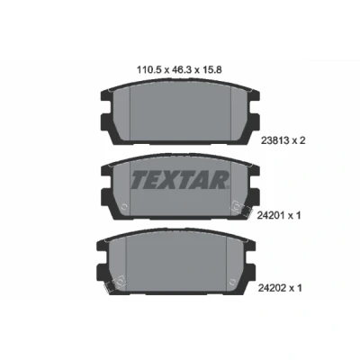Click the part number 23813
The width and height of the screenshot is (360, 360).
(x=271, y=140)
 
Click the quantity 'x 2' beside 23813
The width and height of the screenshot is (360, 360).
(x=298, y=140)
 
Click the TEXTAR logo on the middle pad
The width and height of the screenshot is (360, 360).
(x=180, y=180)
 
